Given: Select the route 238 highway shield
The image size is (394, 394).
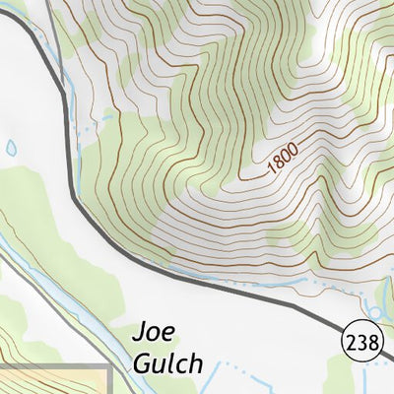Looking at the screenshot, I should (361, 343).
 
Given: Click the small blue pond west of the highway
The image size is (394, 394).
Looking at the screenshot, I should (11, 148).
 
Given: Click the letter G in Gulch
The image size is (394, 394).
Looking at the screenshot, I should (141, 363).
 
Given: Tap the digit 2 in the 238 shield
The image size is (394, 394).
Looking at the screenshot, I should (352, 343).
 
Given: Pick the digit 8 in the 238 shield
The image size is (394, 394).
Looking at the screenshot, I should (369, 343).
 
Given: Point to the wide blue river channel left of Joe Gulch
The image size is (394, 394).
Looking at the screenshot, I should (59, 286).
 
